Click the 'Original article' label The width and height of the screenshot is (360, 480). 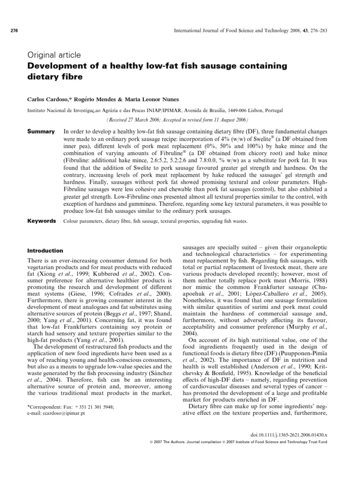pyautogui.click(x=54, y=54)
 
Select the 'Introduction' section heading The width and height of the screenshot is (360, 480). pyautogui.click(x=45, y=250)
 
